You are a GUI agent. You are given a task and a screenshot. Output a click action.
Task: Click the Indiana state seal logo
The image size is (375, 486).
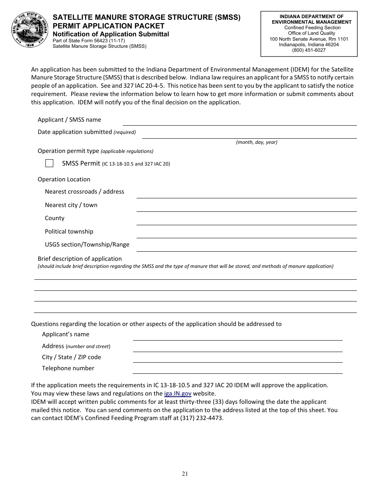click(28, 29)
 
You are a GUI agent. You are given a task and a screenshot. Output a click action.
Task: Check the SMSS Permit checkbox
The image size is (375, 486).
click(49, 163)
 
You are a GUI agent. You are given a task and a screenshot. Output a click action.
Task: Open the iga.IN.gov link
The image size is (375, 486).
click(178, 394)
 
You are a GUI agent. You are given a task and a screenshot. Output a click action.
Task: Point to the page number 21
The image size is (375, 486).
click(185, 474)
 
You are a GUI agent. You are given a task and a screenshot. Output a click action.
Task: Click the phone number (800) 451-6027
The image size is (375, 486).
click(309, 50)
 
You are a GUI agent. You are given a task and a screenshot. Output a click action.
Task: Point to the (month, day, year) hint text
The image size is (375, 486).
click(257, 142)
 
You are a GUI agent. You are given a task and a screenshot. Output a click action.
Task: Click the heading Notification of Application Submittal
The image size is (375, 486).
click(111, 34)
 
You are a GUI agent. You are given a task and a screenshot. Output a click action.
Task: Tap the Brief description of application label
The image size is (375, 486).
click(80, 259)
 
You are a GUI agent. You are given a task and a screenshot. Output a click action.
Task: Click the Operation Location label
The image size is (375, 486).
click(64, 179)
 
